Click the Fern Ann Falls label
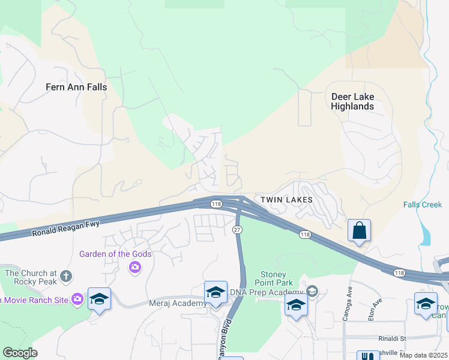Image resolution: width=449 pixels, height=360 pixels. [76, 87]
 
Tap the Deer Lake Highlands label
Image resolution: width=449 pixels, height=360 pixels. [352, 101]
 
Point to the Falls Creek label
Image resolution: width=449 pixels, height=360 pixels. [422, 205]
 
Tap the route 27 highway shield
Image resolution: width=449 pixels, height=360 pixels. [237, 230]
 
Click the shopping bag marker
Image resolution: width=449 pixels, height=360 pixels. [359, 230]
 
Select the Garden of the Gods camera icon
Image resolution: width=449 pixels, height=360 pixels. [135, 267]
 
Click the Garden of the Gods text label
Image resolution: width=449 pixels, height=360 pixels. [115, 254]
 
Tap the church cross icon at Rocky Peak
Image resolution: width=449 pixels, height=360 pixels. [66, 277]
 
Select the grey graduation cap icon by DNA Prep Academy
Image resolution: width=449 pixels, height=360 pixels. [312, 292]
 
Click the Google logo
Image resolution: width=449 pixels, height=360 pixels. [20, 353]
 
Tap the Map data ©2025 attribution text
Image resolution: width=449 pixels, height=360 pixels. [423, 355]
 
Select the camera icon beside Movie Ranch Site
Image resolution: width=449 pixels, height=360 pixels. [77, 299]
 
